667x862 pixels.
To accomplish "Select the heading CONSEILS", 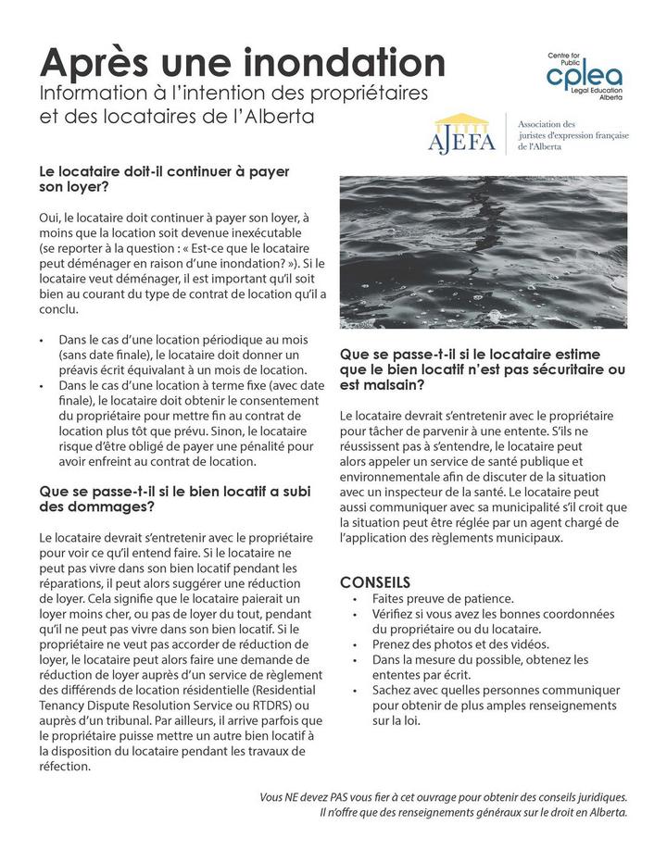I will [x=375, y=582].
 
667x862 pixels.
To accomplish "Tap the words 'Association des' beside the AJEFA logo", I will [x=547, y=124].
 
